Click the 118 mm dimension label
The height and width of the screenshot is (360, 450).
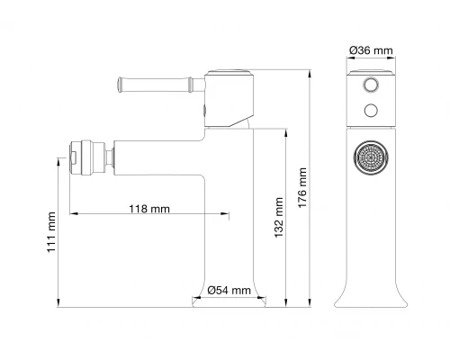[149, 209]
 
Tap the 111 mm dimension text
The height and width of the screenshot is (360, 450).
[51, 232]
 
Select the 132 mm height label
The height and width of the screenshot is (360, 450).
[279, 217]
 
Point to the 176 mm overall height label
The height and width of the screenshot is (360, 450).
[302, 187]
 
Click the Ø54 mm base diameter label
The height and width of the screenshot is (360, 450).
[229, 290]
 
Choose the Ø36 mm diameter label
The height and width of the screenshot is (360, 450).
[371, 50]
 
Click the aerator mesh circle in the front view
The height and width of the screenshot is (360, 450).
[371, 157]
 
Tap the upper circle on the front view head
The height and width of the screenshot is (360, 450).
[371, 84]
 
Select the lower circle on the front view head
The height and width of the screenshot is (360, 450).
[371, 111]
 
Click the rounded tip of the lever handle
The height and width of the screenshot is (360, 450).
[120, 85]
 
